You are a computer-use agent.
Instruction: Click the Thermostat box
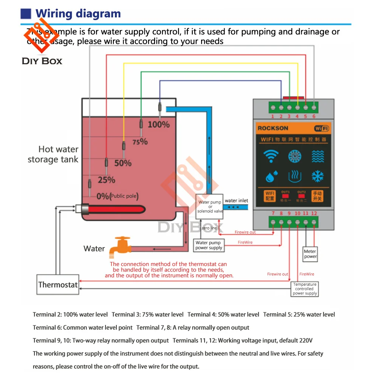pos(58,285)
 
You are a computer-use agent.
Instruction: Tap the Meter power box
pos(310,254)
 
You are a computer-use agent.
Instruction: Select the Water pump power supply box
pos(209,245)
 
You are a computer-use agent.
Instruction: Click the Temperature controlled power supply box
pos(305,289)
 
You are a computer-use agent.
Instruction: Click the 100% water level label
pos(158,124)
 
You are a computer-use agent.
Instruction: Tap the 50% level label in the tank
pos(122,163)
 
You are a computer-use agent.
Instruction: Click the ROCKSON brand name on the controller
pos(273,128)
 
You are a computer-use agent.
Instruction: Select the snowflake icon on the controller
pos(318,176)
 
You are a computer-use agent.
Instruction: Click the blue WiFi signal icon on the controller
pos(271,156)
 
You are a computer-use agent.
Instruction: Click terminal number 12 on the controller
pos(314,214)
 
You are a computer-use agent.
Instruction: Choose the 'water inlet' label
pos(236,201)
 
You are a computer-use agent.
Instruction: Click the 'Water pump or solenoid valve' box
pos(210,207)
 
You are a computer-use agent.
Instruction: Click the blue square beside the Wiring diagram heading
pos(26,14)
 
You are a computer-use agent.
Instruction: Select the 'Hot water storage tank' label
pos(53,154)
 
